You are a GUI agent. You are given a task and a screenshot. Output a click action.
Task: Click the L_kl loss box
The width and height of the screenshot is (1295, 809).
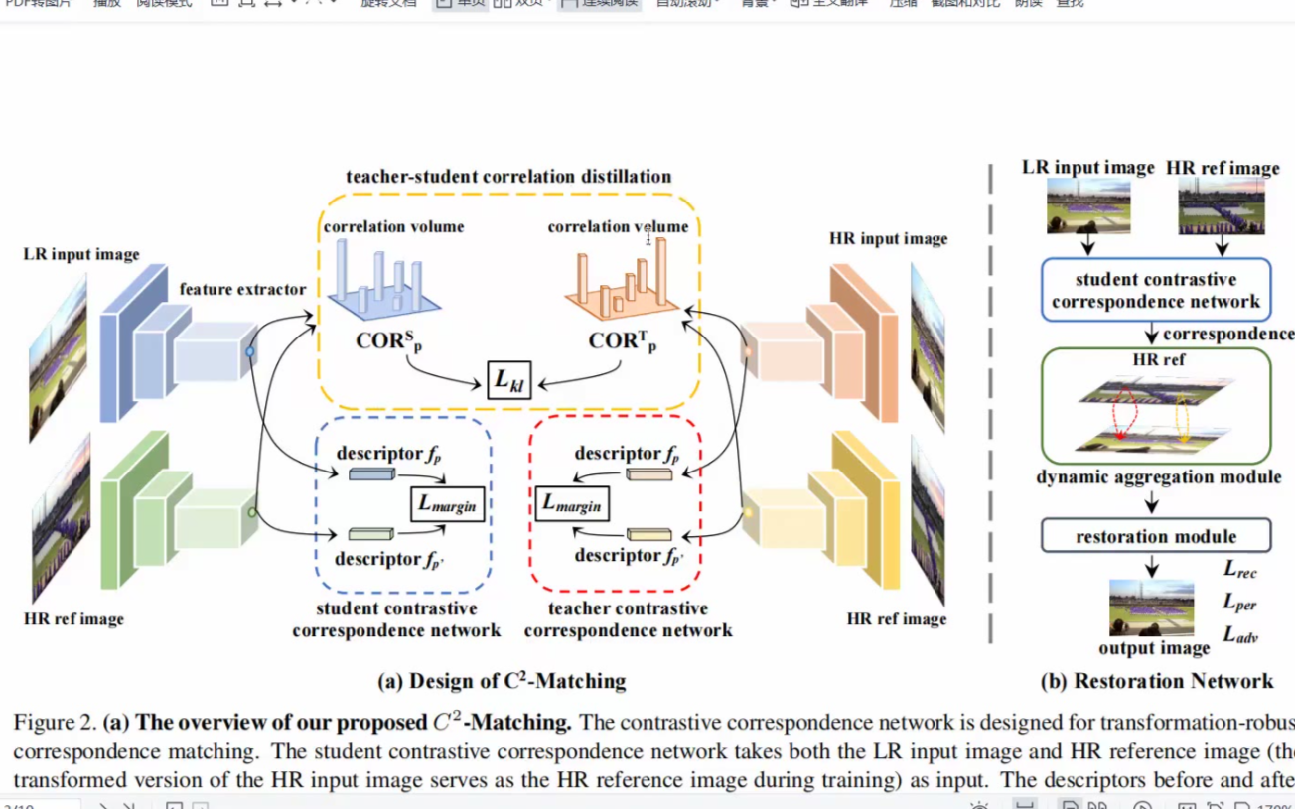click(x=508, y=380)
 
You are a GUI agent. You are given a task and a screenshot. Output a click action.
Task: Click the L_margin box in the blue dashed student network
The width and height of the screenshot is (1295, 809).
click(x=447, y=504)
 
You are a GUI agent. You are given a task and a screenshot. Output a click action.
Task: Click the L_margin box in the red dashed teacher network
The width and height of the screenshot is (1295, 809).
click(x=572, y=503)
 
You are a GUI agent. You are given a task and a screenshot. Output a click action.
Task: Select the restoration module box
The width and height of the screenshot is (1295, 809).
click(x=1155, y=536)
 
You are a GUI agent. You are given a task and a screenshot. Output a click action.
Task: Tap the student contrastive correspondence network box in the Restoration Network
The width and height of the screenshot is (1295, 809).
click(x=1155, y=290)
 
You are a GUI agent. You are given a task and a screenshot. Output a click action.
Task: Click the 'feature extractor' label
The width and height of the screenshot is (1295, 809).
click(x=243, y=289)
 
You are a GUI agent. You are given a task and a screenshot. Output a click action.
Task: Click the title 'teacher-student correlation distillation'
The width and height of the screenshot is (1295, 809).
click(x=508, y=177)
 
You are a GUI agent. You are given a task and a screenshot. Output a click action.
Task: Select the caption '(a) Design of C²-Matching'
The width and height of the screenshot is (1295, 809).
click(x=502, y=681)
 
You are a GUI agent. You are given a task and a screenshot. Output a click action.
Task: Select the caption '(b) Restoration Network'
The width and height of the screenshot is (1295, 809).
click(x=1156, y=681)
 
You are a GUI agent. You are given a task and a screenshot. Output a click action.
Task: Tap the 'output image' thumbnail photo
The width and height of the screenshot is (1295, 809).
click(x=1151, y=607)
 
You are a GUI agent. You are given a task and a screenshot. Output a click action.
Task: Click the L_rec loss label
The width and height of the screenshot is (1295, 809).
click(x=1240, y=570)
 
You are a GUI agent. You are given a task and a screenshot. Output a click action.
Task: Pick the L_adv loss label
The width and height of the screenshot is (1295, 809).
click(x=1240, y=634)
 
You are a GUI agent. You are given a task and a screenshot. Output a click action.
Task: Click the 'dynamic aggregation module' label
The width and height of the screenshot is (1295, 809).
click(x=1158, y=477)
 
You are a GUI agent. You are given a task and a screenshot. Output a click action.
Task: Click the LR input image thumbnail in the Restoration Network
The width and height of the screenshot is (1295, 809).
click(x=1088, y=206)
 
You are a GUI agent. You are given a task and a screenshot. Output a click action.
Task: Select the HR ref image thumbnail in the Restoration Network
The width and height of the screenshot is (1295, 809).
click(x=1221, y=206)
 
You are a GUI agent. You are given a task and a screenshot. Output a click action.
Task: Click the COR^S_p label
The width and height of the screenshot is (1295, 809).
click(x=387, y=340)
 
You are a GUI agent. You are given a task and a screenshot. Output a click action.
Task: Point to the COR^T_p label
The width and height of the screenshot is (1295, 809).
click(x=623, y=340)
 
